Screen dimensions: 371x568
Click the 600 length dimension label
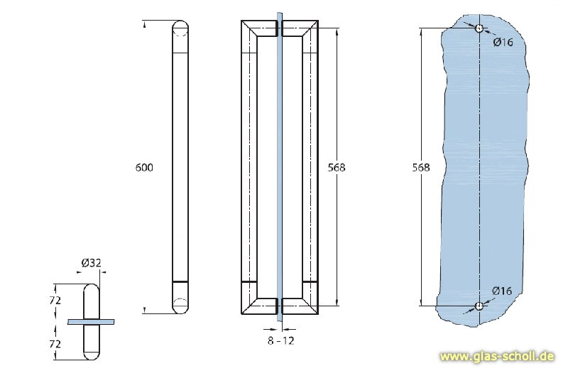(x=144, y=168)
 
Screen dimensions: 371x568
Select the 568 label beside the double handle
(x=337, y=168)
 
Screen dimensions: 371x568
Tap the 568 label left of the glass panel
(x=420, y=168)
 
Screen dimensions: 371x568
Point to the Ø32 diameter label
(x=92, y=263)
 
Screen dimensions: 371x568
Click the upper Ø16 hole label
(x=503, y=43)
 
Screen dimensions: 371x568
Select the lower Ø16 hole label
(x=503, y=291)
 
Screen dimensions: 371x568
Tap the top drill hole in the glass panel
(x=480, y=28)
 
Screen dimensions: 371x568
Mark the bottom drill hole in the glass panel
(x=480, y=306)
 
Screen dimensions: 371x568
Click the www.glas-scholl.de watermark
(x=496, y=355)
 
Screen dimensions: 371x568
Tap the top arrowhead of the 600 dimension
(x=144, y=24)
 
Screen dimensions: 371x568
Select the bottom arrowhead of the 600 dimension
(x=144, y=311)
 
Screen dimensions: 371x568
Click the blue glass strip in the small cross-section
(x=91, y=322)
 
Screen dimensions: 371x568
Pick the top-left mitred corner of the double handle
(x=249, y=29)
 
